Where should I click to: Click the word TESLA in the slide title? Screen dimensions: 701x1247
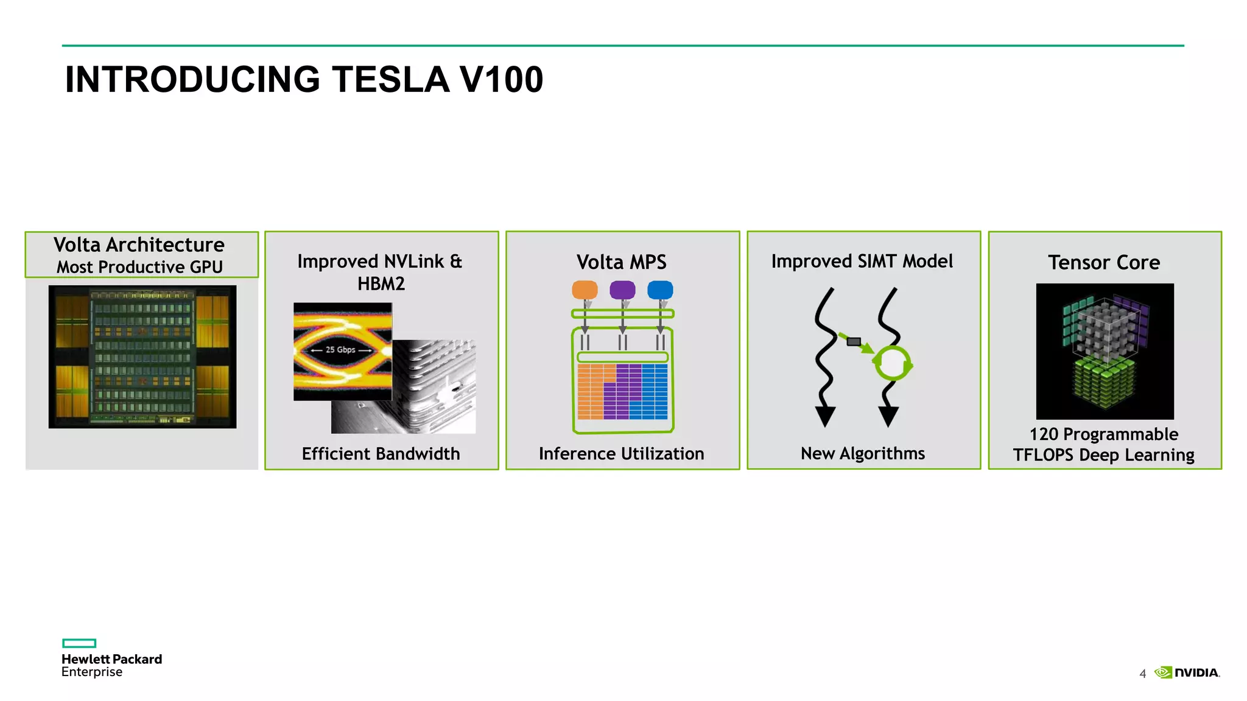coord(390,80)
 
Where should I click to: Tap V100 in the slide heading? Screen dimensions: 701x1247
coord(501,80)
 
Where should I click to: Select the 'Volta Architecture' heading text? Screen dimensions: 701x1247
coord(139,245)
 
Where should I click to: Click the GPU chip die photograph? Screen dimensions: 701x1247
coord(142,357)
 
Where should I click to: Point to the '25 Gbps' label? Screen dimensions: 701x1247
coord(340,350)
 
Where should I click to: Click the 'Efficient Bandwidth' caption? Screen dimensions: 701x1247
coord(381,454)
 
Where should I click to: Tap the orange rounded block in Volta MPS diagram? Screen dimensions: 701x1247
coord(585,290)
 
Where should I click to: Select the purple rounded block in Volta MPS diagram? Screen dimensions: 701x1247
coord(622,290)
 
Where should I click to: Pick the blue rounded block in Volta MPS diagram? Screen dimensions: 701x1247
coord(660,290)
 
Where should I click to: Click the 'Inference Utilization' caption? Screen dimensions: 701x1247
coord(621,454)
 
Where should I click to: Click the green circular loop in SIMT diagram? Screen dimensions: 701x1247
coord(893,363)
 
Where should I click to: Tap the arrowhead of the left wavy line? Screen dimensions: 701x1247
coord(825,417)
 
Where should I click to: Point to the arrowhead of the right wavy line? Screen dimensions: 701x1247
coord(888,417)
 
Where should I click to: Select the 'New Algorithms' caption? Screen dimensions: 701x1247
coord(862,453)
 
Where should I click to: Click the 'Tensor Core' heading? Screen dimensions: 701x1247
coord(1104,262)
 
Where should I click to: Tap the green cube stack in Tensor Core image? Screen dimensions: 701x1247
coord(1103,383)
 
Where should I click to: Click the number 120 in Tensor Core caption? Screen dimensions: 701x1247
coord(1044,434)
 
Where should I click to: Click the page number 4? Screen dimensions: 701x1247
coord(1142,674)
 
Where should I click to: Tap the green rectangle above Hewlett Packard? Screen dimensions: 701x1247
coord(79,643)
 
